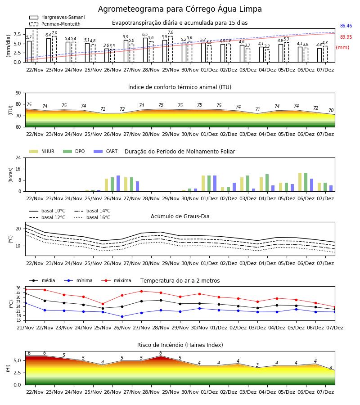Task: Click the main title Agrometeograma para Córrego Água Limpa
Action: click(x=180, y=9)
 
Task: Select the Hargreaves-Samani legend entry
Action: click(x=57, y=17)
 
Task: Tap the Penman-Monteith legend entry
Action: click(x=55, y=24)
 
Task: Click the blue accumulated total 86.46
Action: click(x=346, y=26)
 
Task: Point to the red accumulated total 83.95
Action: click(x=346, y=37)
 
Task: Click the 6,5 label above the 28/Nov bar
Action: click(x=145, y=35)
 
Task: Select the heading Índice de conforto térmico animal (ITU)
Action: click(x=180, y=87)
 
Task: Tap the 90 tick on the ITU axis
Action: click(x=18, y=93)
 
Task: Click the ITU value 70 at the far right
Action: click(x=331, y=110)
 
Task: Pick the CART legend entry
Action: click(x=105, y=151)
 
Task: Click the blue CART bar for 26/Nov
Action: click(x=118, y=184)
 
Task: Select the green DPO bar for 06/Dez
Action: click(x=306, y=182)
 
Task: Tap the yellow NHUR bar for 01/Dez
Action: click(x=203, y=184)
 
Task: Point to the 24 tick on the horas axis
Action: click(x=18, y=157)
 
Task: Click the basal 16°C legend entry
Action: click(x=92, y=217)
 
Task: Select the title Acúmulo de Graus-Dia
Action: click(x=180, y=216)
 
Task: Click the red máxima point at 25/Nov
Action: click(x=103, y=304)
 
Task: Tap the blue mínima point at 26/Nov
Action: click(x=122, y=316)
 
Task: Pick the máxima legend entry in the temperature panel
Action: click(x=116, y=280)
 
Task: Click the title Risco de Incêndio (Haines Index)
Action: click(x=180, y=345)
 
